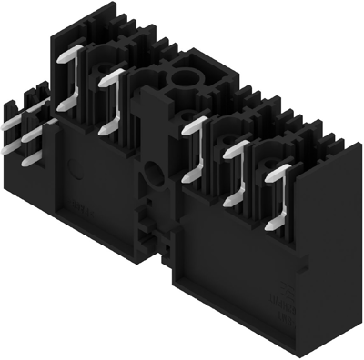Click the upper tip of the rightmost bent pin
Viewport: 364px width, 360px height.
coord(290,168)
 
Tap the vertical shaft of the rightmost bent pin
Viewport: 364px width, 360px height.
coord(276,195)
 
